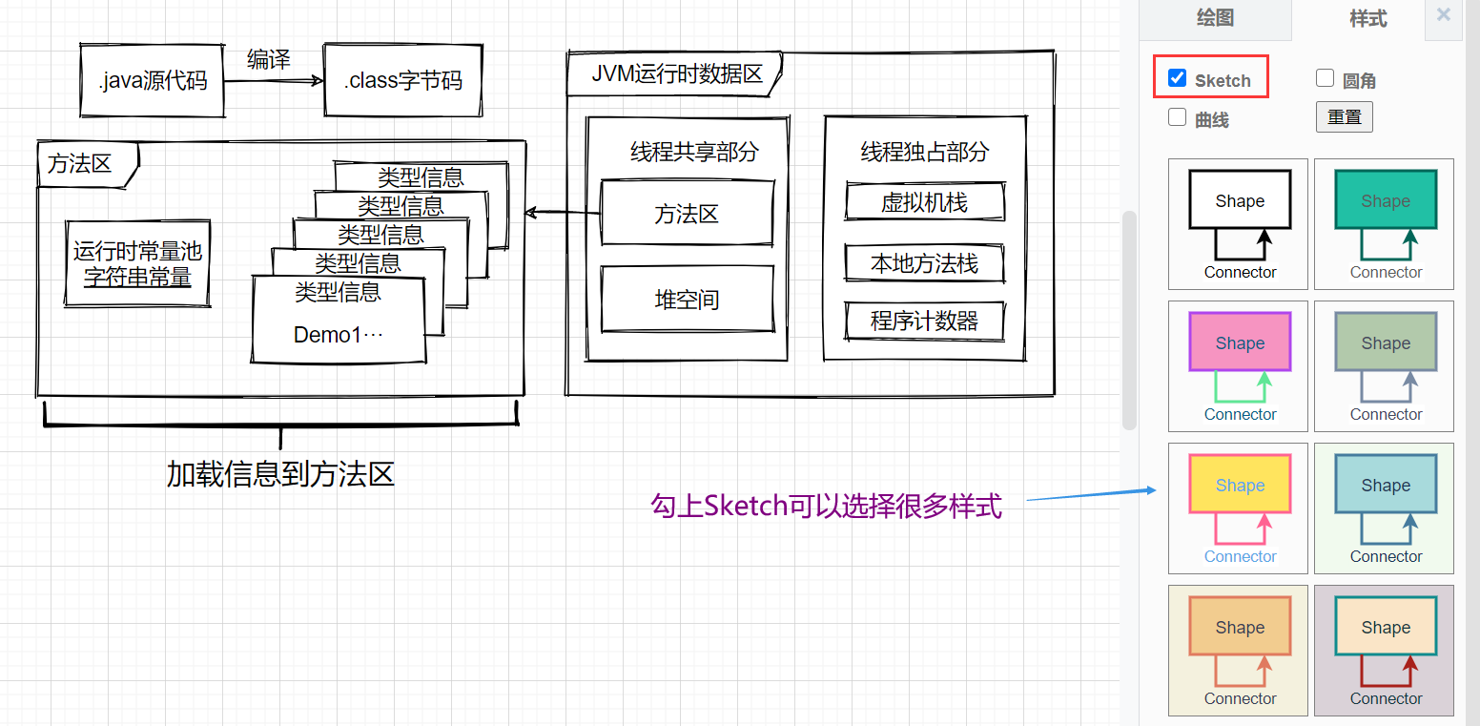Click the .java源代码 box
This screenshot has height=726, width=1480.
pyautogui.click(x=153, y=81)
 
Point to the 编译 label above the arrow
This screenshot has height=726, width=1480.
pyautogui.click(x=268, y=59)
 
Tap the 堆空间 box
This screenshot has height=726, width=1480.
pyautogui.click(x=687, y=300)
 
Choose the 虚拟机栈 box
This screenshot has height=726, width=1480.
pyautogui.click(x=924, y=202)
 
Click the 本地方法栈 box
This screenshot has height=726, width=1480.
pyautogui.click(x=924, y=263)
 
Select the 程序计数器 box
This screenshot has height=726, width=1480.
pyautogui.click(x=924, y=322)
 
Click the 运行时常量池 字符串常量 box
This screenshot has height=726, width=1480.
pyautogui.click(x=138, y=264)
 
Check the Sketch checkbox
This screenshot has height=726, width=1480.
pyautogui.click(x=1178, y=78)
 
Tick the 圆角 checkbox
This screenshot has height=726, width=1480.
pyautogui.click(x=1325, y=78)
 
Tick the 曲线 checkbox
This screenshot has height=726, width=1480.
pyautogui.click(x=1178, y=118)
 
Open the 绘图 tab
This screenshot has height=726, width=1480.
pyautogui.click(x=1215, y=18)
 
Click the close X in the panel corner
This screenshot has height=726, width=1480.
pyautogui.click(x=1444, y=15)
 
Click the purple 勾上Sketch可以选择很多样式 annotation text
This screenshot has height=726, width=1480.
pyautogui.click(x=826, y=506)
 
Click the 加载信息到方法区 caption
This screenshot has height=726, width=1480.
pyautogui.click(x=280, y=474)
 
